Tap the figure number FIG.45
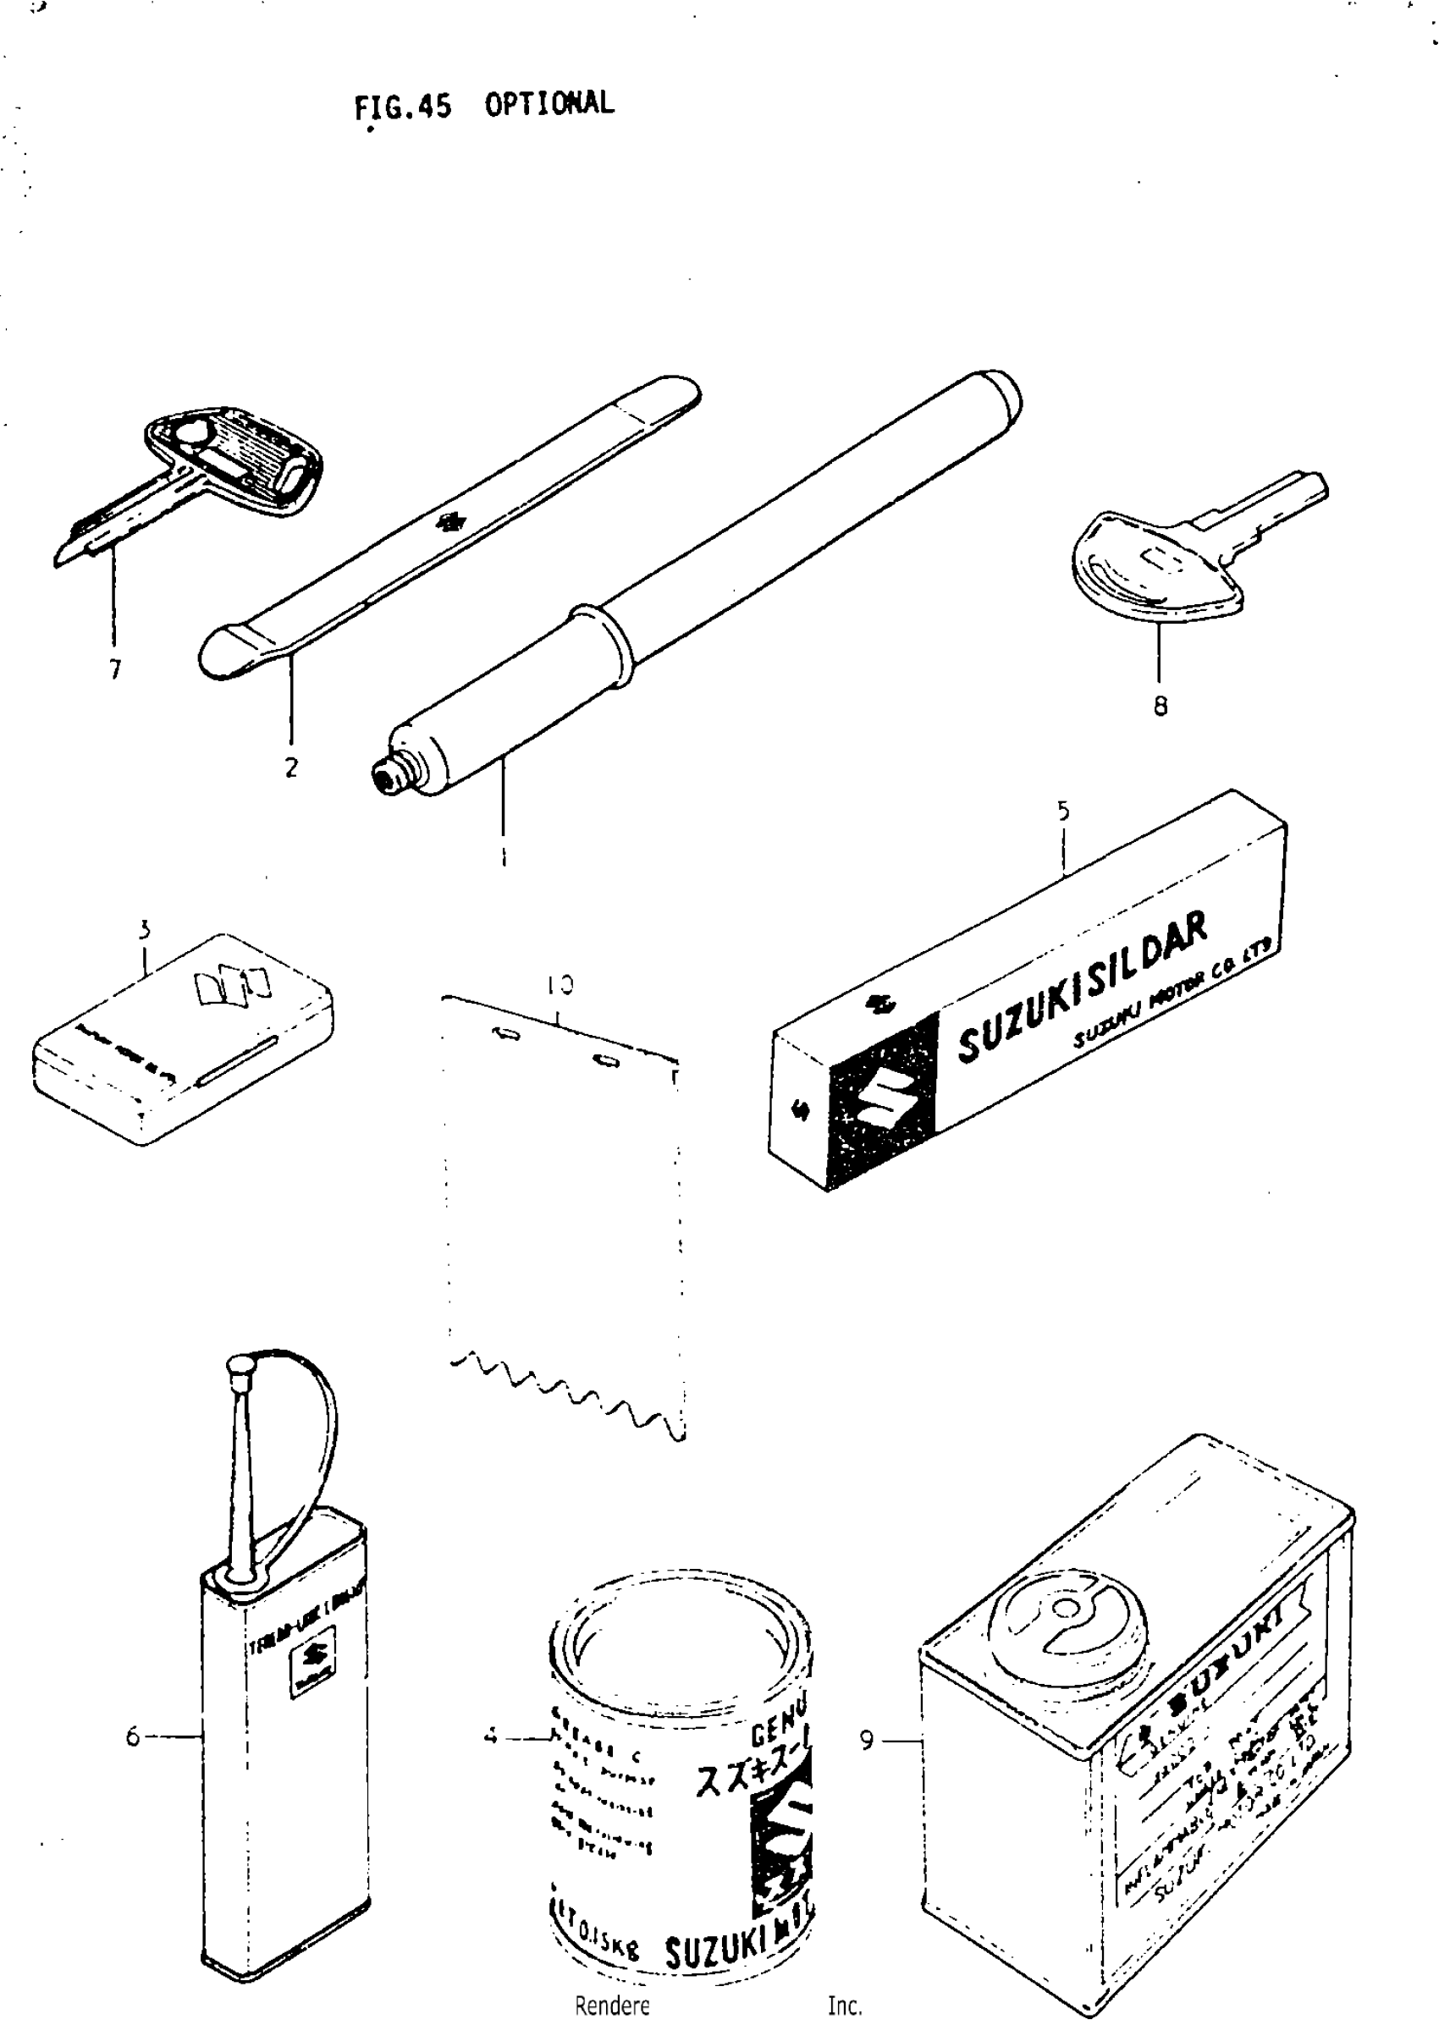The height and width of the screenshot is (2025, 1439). (x=402, y=107)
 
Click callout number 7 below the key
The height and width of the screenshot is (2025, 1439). (x=115, y=669)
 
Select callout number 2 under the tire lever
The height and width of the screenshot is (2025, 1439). (x=291, y=768)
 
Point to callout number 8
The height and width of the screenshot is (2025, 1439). (x=1160, y=706)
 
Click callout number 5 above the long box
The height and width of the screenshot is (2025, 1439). (x=1063, y=811)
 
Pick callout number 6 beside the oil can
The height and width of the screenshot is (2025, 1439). (x=133, y=1737)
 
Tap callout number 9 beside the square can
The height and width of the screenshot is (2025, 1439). (x=867, y=1741)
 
